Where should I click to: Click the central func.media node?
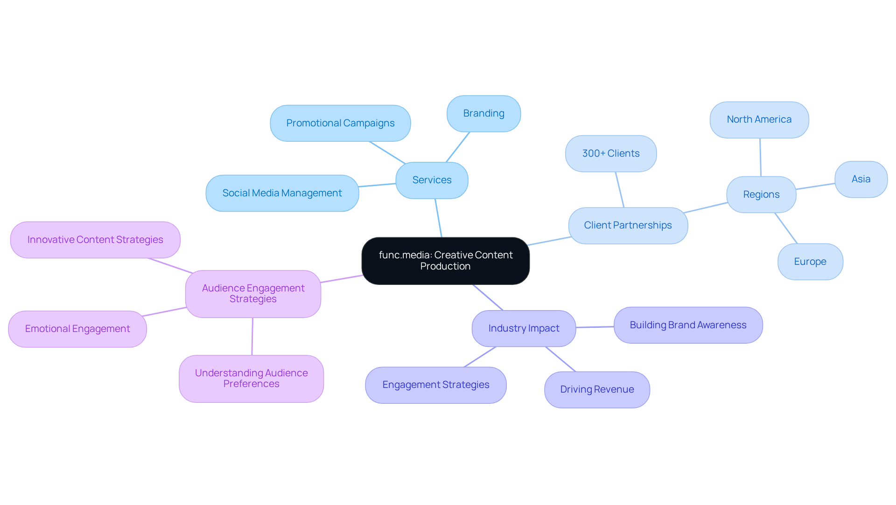[445, 261]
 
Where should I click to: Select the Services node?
[432, 180]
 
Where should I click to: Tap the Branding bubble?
[483, 113]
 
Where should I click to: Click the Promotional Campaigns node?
[340, 123]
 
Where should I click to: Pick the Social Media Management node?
[282, 193]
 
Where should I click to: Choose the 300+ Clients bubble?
[611, 153]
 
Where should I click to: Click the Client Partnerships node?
[628, 225]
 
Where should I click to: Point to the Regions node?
[761, 194]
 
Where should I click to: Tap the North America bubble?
[759, 119]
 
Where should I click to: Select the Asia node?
[861, 179]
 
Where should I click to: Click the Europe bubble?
[810, 262]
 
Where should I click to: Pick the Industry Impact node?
[524, 328]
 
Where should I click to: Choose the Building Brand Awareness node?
[688, 325]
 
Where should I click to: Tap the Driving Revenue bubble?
[597, 389]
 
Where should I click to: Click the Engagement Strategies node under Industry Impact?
[435, 385]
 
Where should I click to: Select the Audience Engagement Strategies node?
[253, 294]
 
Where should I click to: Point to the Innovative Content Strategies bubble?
[95, 240]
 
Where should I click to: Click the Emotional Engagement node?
[77, 329]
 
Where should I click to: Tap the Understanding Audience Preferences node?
[251, 379]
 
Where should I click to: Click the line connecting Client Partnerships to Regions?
[706, 208]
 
